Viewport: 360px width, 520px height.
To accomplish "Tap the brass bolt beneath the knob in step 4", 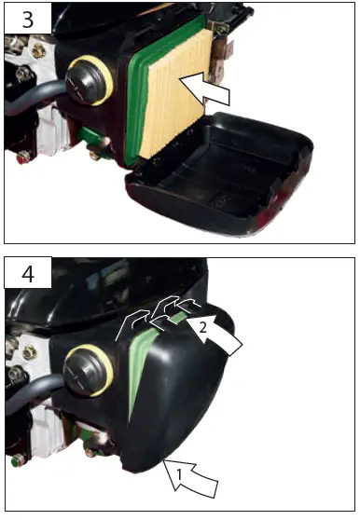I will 92,452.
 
